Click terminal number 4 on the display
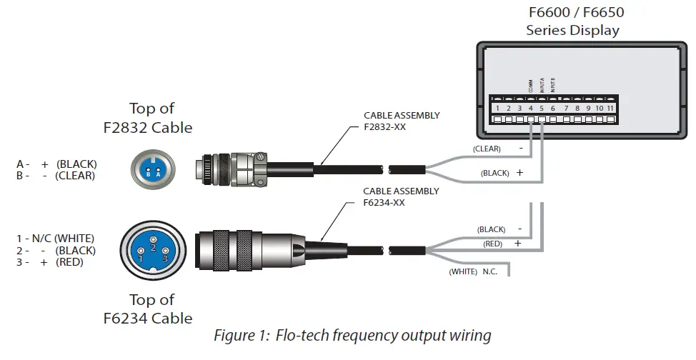point(531,109)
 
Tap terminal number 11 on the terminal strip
point(610,109)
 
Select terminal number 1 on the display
point(497,109)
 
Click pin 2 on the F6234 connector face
point(152,247)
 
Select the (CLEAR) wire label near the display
point(487,149)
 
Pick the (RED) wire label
point(493,243)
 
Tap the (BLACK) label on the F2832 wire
point(494,173)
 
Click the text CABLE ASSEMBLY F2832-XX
point(402,120)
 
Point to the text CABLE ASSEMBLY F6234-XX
point(401,196)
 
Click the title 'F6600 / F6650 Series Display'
point(572,22)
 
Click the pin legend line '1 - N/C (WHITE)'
point(56,238)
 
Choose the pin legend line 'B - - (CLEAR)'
point(56,175)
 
